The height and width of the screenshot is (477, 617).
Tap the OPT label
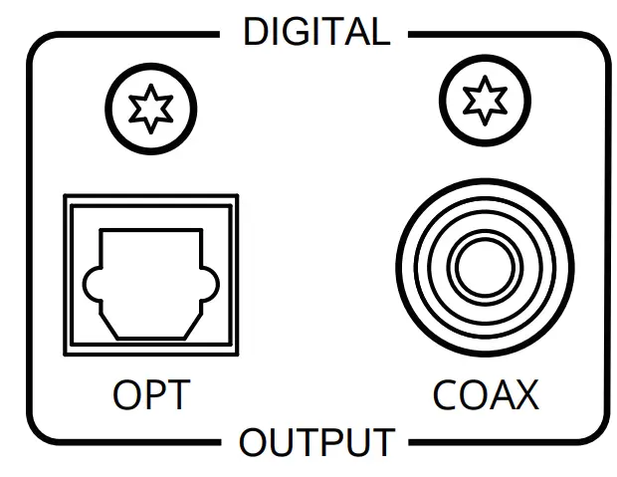coord(150,395)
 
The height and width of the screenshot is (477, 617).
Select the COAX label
coord(485,395)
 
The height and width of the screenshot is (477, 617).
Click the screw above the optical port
coord(150,108)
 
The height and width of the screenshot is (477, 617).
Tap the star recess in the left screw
coord(150,108)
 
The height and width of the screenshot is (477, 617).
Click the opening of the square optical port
coord(151,283)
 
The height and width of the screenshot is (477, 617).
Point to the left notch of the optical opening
coord(93,286)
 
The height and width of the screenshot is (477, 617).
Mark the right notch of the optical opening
coord(210,286)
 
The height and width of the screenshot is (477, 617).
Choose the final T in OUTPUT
coord(383,442)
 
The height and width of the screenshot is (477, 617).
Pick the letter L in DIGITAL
coord(379,33)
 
